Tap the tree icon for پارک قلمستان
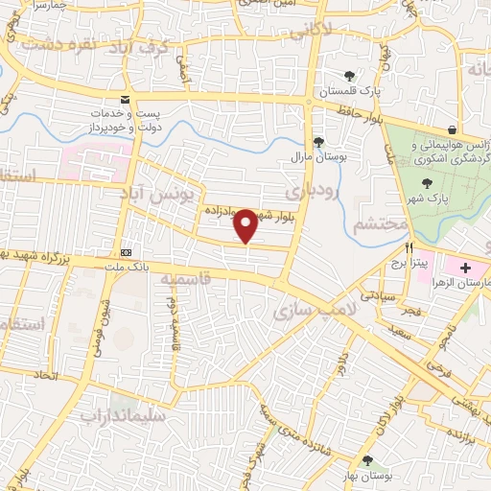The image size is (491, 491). point(349,76)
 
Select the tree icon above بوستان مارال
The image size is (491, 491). point(307,137)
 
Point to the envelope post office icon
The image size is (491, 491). point(125,99)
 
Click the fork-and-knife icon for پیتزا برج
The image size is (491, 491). point(409,248)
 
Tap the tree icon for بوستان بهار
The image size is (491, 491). point(368,461)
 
